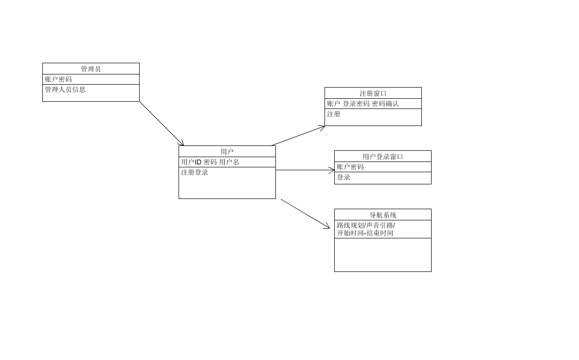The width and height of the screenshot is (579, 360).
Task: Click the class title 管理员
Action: [91, 69]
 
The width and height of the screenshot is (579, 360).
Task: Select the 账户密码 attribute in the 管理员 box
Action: [58, 79]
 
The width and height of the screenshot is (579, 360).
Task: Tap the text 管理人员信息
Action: [65, 90]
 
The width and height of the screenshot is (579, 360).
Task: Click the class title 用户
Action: [227, 152]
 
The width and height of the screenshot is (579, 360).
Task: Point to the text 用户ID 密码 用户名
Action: [210, 162]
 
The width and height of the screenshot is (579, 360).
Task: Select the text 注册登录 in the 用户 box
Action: [195, 172]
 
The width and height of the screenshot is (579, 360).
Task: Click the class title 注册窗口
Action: [373, 93]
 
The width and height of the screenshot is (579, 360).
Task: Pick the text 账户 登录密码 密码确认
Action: [363, 104]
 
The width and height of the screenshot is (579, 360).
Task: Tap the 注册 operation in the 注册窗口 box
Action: [334, 114]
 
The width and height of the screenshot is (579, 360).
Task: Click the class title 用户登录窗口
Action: [383, 157]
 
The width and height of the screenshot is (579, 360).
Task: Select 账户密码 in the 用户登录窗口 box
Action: [350, 167]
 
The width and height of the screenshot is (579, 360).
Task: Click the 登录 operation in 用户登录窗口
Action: [344, 178]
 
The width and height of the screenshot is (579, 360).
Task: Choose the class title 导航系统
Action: [383, 215]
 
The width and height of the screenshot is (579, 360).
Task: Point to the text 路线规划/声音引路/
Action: [366, 225]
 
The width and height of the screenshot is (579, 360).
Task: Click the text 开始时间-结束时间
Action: [365, 233]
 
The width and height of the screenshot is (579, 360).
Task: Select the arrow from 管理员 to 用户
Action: [162, 124]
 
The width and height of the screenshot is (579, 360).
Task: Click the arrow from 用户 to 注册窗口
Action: [298, 136]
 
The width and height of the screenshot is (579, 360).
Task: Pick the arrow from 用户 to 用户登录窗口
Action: [305, 170]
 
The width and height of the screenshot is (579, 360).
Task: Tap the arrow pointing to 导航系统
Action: [305, 214]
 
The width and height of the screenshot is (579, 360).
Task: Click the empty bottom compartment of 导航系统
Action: [383, 255]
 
